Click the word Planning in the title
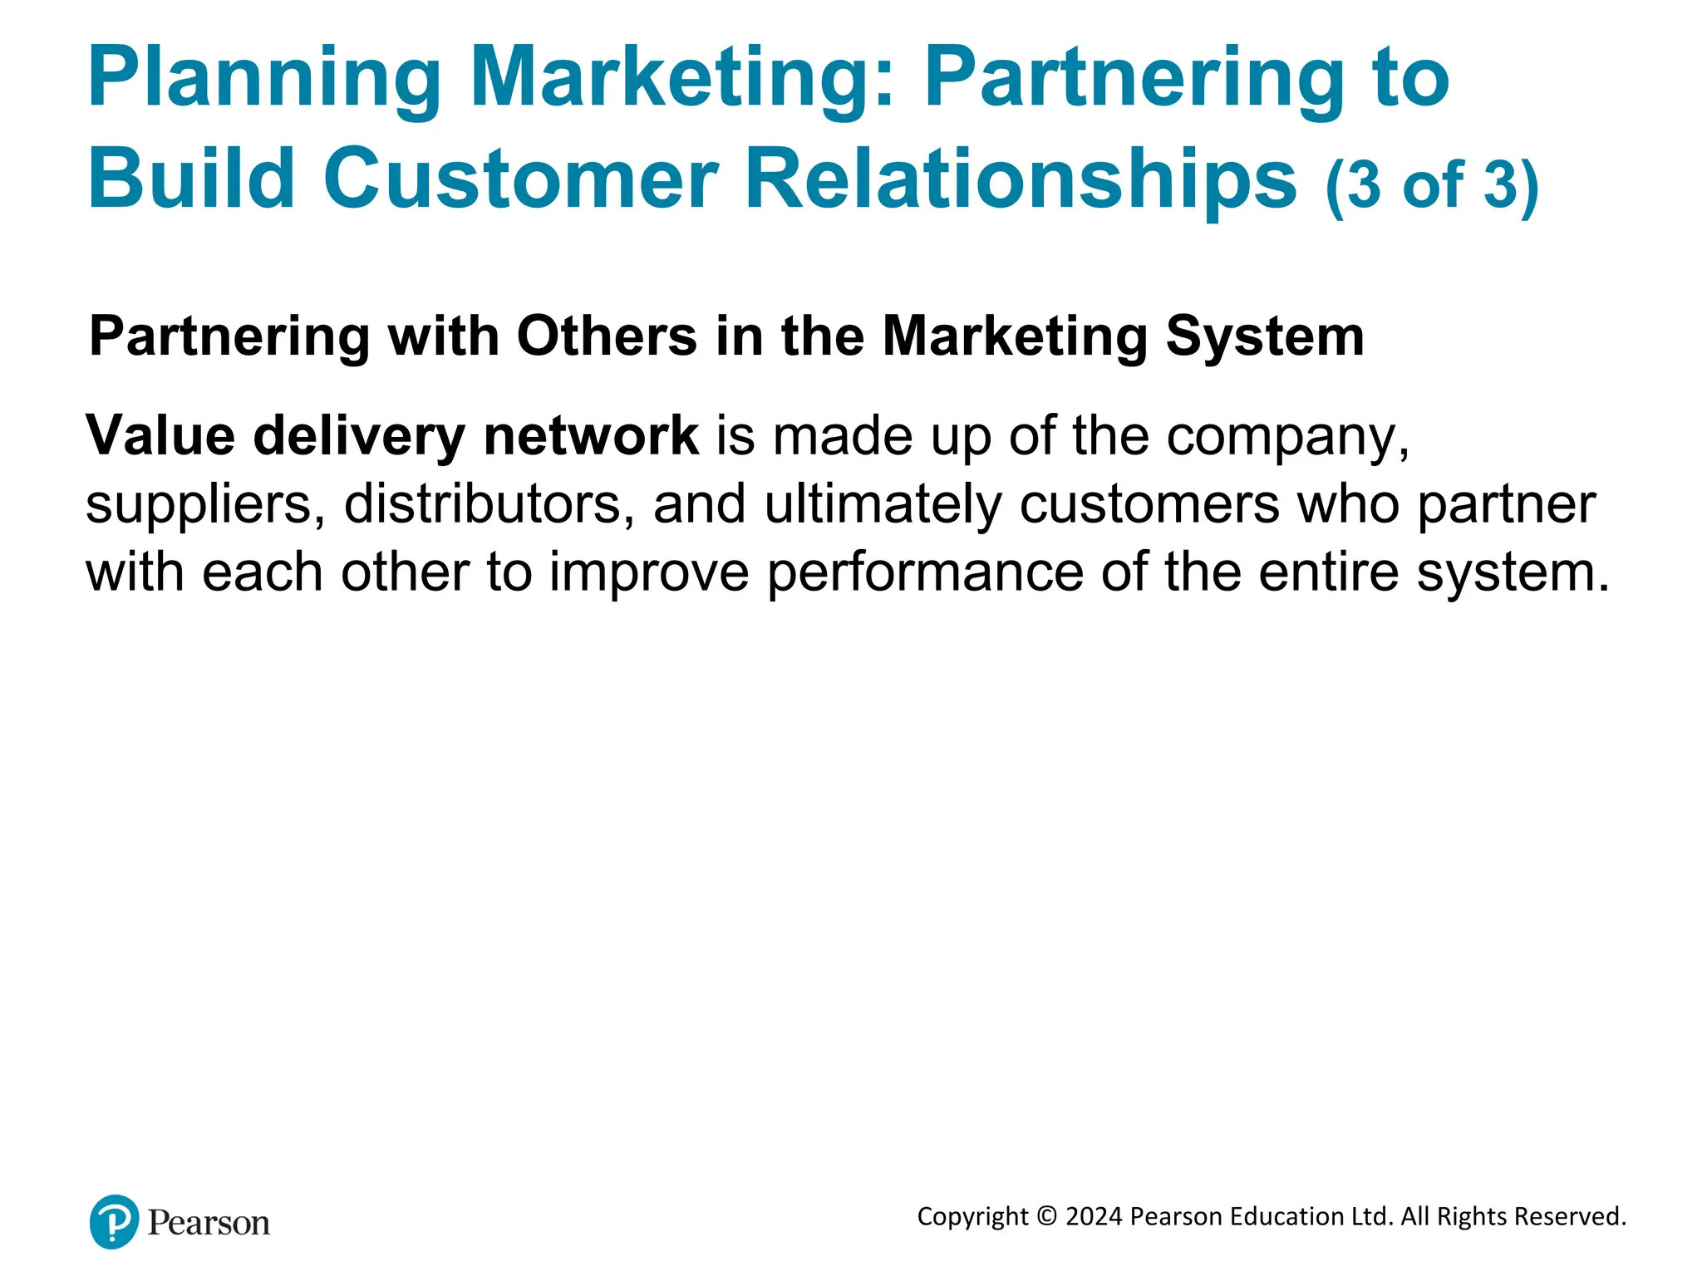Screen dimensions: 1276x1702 tap(264, 79)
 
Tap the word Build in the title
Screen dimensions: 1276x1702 tap(192, 179)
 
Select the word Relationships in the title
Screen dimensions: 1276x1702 tap(1021, 179)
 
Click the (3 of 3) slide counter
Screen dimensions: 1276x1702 tap(1432, 184)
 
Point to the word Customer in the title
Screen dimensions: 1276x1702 tap(520, 179)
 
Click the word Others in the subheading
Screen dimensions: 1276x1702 tap(607, 336)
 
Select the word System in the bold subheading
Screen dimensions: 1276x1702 tap(1265, 336)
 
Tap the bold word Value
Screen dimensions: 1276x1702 tap(160, 435)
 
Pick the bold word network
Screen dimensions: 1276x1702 tap(591, 435)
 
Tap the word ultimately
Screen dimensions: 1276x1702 tap(883, 505)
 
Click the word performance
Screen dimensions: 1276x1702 tap(925, 573)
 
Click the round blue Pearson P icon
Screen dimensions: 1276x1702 tap(114, 1221)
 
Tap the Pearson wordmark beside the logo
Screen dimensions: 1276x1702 tap(209, 1223)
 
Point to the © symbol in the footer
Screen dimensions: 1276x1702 tap(1047, 1216)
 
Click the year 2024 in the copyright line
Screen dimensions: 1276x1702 tap(1094, 1216)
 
